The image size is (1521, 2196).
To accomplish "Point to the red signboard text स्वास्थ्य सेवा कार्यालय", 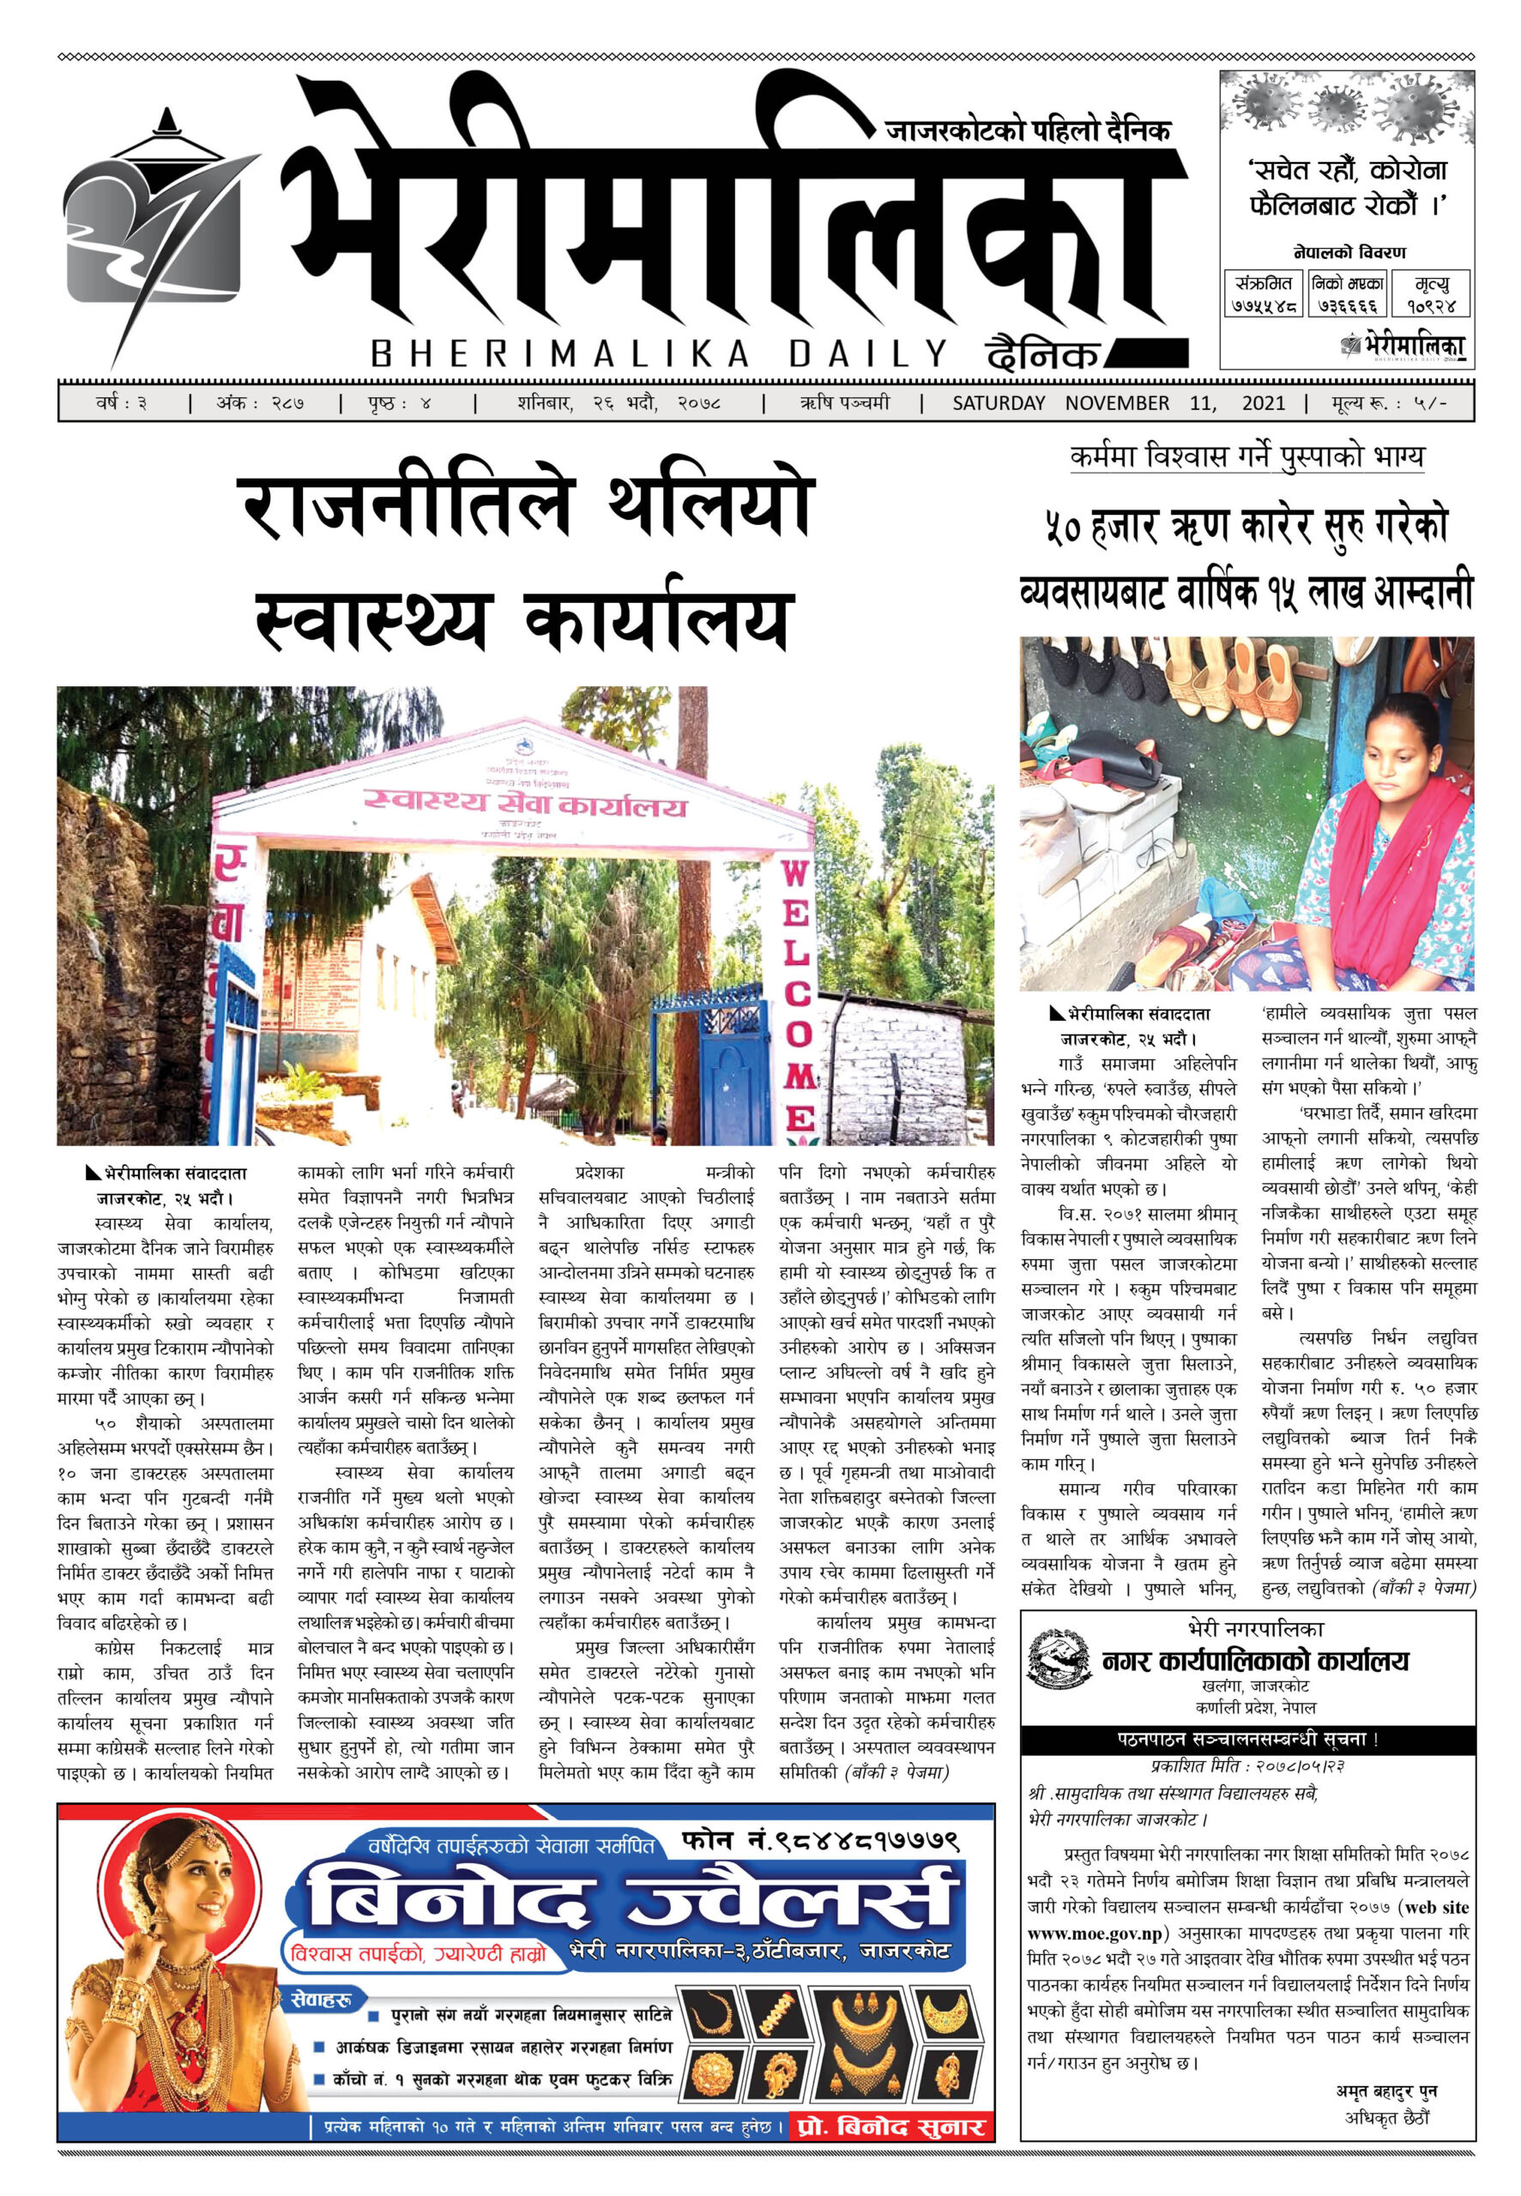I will (525, 803).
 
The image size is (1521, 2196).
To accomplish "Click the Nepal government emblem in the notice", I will (1059, 1660).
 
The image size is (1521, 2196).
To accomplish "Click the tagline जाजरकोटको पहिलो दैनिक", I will (1028, 130).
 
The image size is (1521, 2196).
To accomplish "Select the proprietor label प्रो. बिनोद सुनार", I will (890, 2127).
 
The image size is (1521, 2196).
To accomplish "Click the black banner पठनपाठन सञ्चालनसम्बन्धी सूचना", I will (1246, 1739).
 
